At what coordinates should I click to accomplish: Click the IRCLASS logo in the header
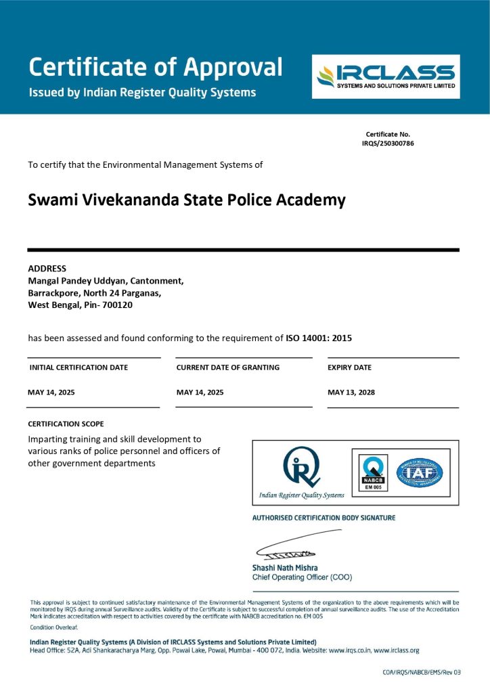tap(385, 76)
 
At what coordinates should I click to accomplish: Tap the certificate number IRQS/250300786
tap(388, 143)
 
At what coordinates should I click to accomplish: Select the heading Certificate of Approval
tap(155, 67)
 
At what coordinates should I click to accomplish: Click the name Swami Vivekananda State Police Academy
tap(187, 200)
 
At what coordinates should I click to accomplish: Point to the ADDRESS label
tap(47, 268)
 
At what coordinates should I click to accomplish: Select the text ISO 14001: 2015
tap(319, 338)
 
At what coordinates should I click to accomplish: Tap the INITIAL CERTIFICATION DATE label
tap(79, 367)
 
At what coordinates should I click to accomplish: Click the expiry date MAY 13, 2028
tap(351, 392)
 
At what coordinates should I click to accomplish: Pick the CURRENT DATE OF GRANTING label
tap(227, 367)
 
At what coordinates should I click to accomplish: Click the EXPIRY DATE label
tap(349, 367)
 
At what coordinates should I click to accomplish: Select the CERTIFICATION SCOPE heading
tap(66, 424)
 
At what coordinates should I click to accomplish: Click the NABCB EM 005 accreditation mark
tap(373, 472)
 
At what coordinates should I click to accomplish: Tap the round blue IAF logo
tap(419, 472)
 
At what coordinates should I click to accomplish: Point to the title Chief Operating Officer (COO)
tap(302, 577)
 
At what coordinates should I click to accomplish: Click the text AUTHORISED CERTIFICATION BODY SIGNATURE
tap(324, 518)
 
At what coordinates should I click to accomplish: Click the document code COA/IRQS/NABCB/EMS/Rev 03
tap(422, 672)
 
